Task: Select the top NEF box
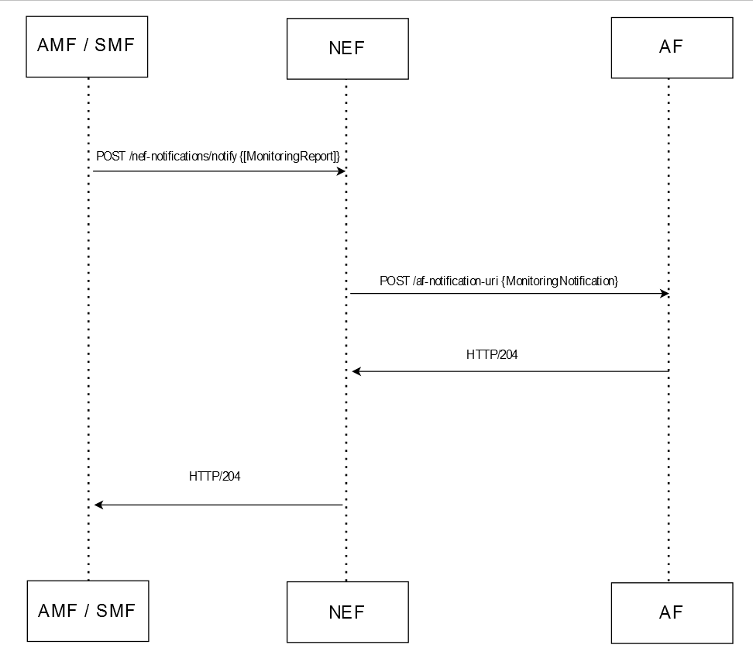[x=347, y=48]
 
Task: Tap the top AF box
[x=671, y=47]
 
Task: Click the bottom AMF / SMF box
[x=87, y=610]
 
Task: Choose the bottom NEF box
[x=347, y=612]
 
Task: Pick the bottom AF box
[x=671, y=613]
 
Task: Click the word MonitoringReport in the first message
[x=291, y=157]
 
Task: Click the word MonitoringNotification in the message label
[x=559, y=281]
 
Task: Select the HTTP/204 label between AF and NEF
[x=492, y=355]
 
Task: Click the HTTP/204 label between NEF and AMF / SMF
[x=215, y=477]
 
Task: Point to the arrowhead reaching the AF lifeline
[x=664, y=294]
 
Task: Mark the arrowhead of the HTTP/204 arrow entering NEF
[x=356, y=371]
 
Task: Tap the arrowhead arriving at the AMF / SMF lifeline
[x=98, y=505]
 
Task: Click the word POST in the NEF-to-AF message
[x=394, y=281]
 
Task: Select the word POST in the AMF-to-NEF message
[x=111, y=157]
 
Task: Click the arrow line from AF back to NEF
[x=511, y=371]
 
